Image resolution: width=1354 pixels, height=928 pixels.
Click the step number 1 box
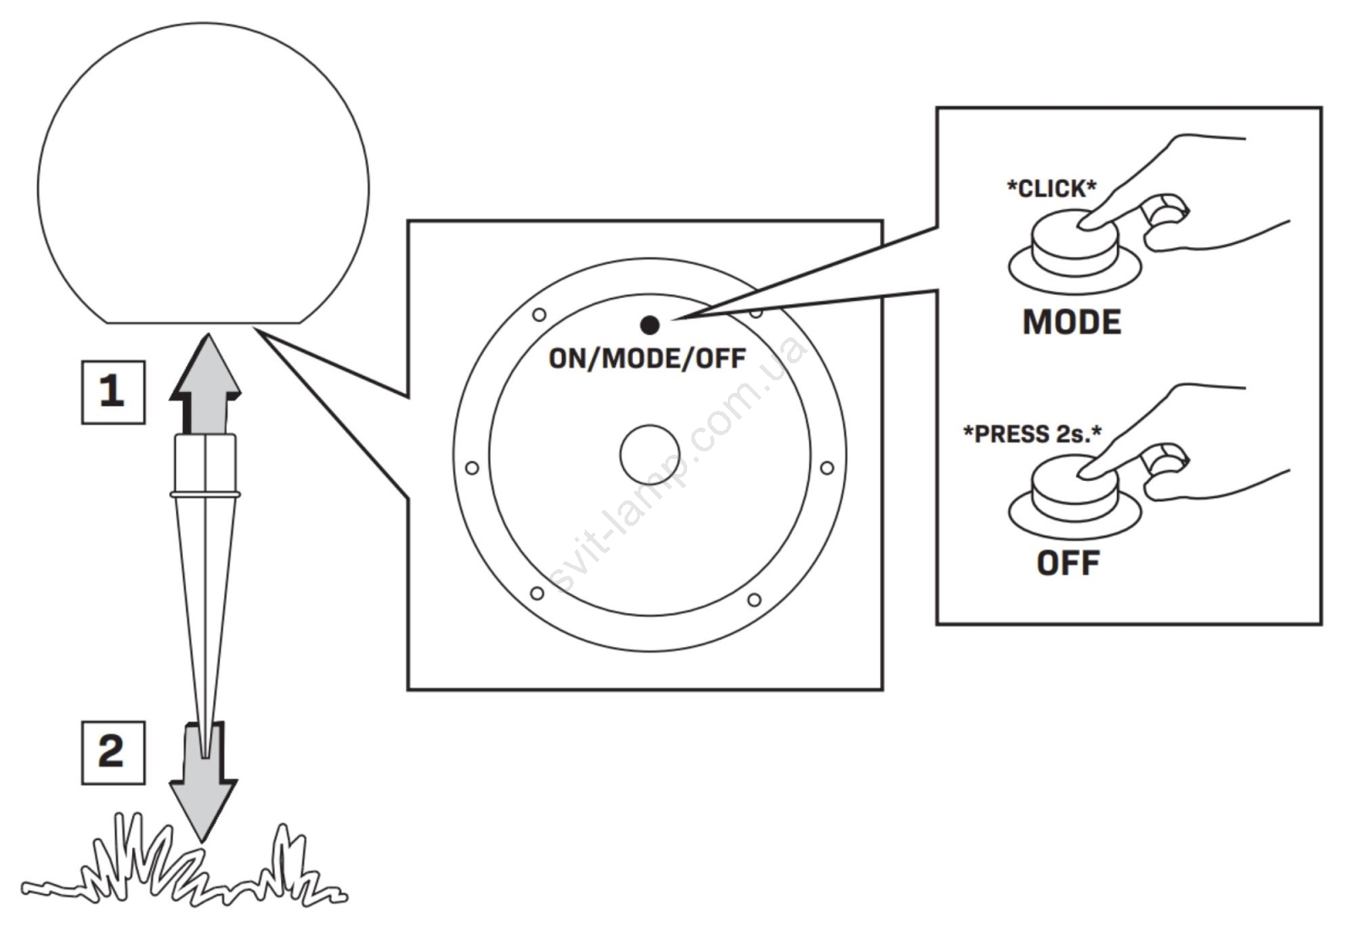(x=113, y=392)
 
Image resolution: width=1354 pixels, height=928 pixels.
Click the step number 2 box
(x=113, y=752)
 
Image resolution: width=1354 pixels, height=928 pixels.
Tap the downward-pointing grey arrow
(x=203, y=792)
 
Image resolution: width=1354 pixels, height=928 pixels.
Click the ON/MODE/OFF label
(x=647, y=358)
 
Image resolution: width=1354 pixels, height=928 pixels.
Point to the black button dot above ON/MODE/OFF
(x=650, y=325)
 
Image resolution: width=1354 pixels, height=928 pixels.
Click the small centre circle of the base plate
(x=649, y=455)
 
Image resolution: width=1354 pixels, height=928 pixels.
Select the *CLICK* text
(x=1051, y=188)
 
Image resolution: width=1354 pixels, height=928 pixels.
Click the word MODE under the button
(x=1071, y=322)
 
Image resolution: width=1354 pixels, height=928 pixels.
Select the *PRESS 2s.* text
(x=1032, y=434)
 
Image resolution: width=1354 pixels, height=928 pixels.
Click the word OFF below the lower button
(x=1068, y=562)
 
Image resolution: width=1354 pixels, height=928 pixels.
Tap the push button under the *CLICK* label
(x=1074, y=240)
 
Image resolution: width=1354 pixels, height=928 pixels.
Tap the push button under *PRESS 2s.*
(x=1074, y=487)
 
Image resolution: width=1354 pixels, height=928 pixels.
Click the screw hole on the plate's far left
(x=472, y=468)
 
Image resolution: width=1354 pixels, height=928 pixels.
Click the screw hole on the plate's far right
(x=827, y=468)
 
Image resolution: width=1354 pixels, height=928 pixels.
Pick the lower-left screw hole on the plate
(x=537, y=594)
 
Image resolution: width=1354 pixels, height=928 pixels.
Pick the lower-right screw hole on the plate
(x=753, y=600)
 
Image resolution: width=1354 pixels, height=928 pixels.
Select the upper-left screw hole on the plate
(x=539, y=315)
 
